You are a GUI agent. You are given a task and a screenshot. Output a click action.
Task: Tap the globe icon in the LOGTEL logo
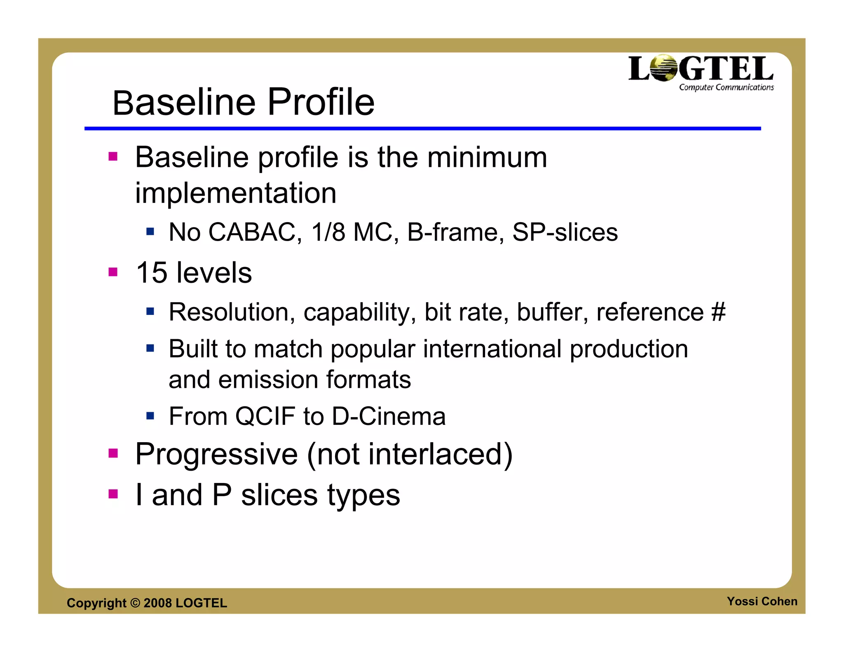[663, 68]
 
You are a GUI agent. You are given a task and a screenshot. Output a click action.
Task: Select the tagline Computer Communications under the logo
[726, 87]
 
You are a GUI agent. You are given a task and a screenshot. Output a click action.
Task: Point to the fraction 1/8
[328, 232]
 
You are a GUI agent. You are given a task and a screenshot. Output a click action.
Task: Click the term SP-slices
[565, 232]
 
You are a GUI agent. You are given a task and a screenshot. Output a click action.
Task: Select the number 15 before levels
[151, 273]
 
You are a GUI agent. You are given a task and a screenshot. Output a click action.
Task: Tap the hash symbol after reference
[718, 312]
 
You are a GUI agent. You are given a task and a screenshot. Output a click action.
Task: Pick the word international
[492, 349]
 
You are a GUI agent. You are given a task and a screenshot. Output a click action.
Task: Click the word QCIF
[265, 416]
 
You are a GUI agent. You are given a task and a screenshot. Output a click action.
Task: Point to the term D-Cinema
[389, 416]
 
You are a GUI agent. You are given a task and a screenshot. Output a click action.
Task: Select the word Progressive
[216, 454]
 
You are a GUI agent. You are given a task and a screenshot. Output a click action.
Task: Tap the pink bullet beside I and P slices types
[113, 494]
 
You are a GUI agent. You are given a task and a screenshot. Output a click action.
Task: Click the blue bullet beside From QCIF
[150, 415]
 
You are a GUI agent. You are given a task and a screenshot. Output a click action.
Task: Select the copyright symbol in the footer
[135, 603]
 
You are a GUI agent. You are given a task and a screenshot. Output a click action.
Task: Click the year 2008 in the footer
[157, 603]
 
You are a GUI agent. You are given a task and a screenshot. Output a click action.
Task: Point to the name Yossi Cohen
[762, 601]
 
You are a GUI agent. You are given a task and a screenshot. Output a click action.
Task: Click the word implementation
[236, 193]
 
